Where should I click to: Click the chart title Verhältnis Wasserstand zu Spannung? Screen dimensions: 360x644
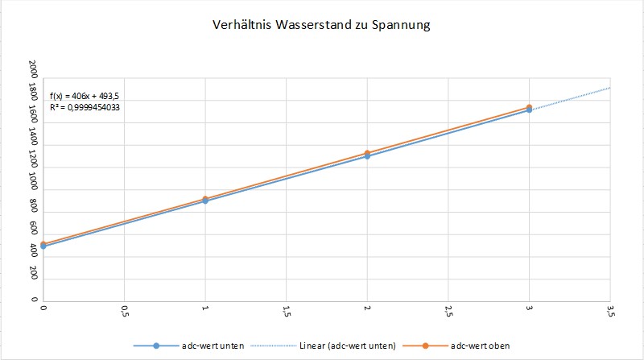click(322, 26)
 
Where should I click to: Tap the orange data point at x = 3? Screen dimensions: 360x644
click(530, 107)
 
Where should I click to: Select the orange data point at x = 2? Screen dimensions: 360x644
click(367, 153)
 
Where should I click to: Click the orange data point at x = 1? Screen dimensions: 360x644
click(205, 199)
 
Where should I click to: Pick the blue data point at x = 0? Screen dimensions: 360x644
click(43, 246)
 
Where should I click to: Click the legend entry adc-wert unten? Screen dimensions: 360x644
click(204, 346)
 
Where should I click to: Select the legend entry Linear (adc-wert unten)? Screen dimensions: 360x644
click(350, 346)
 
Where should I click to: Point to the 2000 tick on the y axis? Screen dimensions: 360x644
click(33, 68)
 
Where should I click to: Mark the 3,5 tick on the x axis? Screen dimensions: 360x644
click(610, 311)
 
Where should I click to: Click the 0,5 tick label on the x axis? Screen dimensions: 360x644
click(124, 311)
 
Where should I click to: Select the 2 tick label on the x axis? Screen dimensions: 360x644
click(367, 308)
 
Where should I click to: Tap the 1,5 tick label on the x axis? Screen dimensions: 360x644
click(287, 311)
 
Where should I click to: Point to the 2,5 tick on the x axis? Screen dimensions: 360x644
click(448, 311)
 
